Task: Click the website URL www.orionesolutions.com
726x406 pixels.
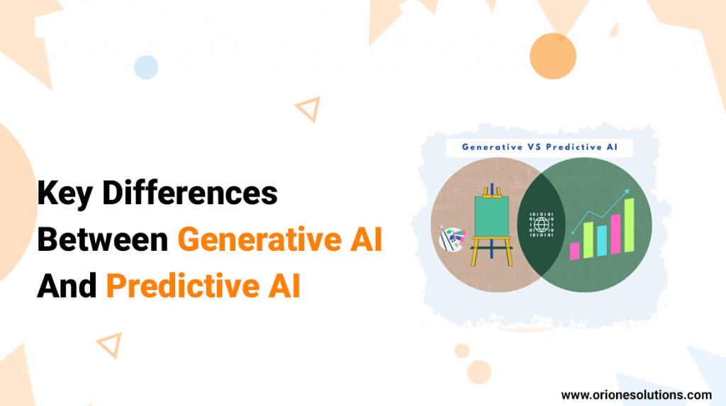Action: (x=636, y=395)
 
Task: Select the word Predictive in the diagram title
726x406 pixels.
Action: (x=574, y=147)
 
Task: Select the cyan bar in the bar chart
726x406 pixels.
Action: (x=602, y=239)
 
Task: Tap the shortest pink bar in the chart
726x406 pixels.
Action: (x=574, y=250)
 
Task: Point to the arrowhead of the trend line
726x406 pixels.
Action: (x=627, y=191)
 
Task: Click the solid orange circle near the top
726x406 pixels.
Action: (x=552, y=55)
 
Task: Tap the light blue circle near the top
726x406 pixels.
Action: (x=146, y=67)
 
